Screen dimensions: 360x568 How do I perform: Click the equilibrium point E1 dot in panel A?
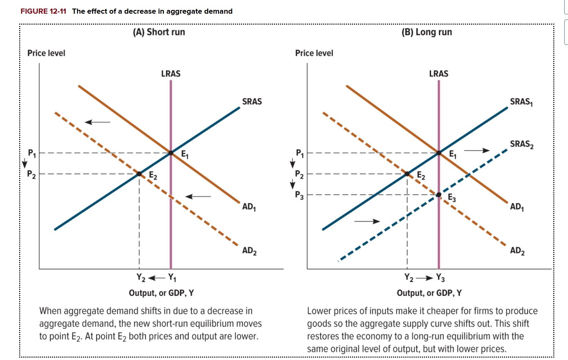pos(171,153)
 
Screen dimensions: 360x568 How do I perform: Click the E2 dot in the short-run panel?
pos(139,174)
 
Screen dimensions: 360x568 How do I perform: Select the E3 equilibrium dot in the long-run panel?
pos(439,195)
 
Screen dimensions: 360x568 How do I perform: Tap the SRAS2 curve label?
pos(521,144)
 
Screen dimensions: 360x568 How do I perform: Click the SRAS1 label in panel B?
pos(521,102)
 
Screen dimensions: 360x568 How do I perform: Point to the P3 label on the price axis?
pos(299,195)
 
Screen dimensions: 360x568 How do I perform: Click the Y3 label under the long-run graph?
pos(440,278)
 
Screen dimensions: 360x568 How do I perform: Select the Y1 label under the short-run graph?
pos(172,278)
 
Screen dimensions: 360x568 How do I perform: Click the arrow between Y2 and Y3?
pos(425,278)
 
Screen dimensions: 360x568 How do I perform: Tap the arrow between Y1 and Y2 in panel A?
pos(156,278)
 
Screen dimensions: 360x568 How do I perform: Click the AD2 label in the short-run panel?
pos(249,251)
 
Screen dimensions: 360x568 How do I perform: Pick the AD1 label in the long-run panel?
pos(517,207)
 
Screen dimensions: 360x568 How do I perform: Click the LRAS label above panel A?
pos(171,74)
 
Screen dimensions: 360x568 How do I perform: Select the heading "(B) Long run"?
pos(427,32)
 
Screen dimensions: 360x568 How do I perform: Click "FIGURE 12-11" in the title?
pos(43,11)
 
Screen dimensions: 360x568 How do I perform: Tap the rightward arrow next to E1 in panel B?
pos(477,150)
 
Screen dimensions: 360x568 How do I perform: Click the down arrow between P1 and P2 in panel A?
pos(25,164)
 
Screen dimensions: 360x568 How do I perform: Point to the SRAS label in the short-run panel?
pos(252,102)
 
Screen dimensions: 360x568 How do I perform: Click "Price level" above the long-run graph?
pos(314,53)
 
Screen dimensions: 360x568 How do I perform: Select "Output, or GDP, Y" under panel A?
pos(161,293)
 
